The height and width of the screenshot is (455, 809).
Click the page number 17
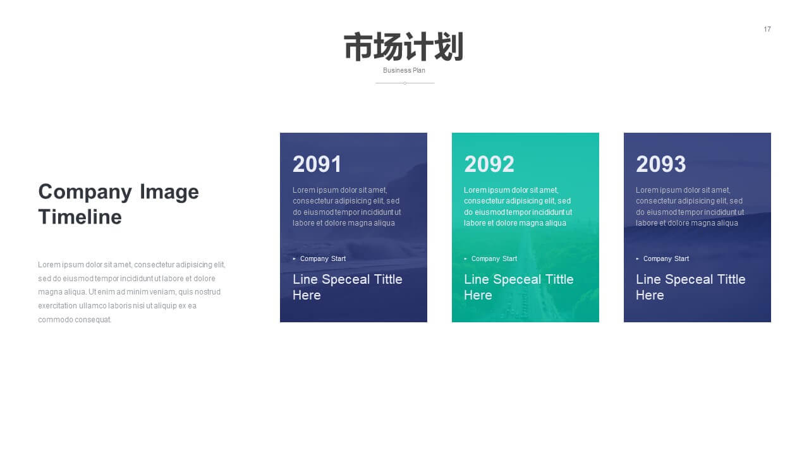coord(767,29)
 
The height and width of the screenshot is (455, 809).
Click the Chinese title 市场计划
coord(404,47)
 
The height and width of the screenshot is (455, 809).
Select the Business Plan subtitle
coord(404,70)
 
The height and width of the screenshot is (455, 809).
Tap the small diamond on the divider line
coord(405,83)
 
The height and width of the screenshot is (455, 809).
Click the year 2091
coord(317,164)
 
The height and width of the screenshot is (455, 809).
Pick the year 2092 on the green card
coord(489,164)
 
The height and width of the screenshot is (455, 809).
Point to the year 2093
coord(661,164)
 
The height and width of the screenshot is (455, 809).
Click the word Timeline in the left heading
coord(80,217)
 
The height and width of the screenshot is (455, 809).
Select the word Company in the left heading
coord(85,192)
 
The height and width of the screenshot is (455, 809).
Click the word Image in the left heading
coord(169,191)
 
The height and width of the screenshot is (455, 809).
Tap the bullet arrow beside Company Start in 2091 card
coord(295,258)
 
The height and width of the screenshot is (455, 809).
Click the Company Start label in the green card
coord(494,258)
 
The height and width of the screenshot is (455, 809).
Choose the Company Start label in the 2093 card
coord(666,258)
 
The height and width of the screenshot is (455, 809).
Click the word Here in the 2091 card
coord(307,295)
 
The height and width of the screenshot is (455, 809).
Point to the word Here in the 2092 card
coord(478,295)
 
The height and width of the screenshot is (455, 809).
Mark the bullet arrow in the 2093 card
coord(638,258)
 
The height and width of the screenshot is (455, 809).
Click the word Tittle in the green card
coord(559,279)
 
